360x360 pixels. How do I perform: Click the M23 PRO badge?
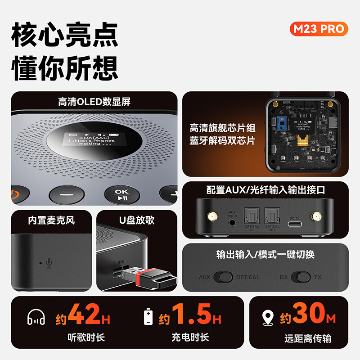(319, 29)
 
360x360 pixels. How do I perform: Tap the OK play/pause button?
(121, 195)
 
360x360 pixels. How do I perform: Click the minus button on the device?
(67, 195)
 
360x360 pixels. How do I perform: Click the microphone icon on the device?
(49, 263)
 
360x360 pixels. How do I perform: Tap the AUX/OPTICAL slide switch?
(223, 277)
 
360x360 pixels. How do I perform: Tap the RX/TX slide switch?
(301, 277)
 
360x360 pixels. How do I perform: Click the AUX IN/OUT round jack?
(232, 222)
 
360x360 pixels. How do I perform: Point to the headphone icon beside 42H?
(36, 317)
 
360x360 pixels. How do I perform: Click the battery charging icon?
(148, 317)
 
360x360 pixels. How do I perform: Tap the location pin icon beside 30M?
(268, 317)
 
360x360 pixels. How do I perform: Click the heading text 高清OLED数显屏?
(94, 102)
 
